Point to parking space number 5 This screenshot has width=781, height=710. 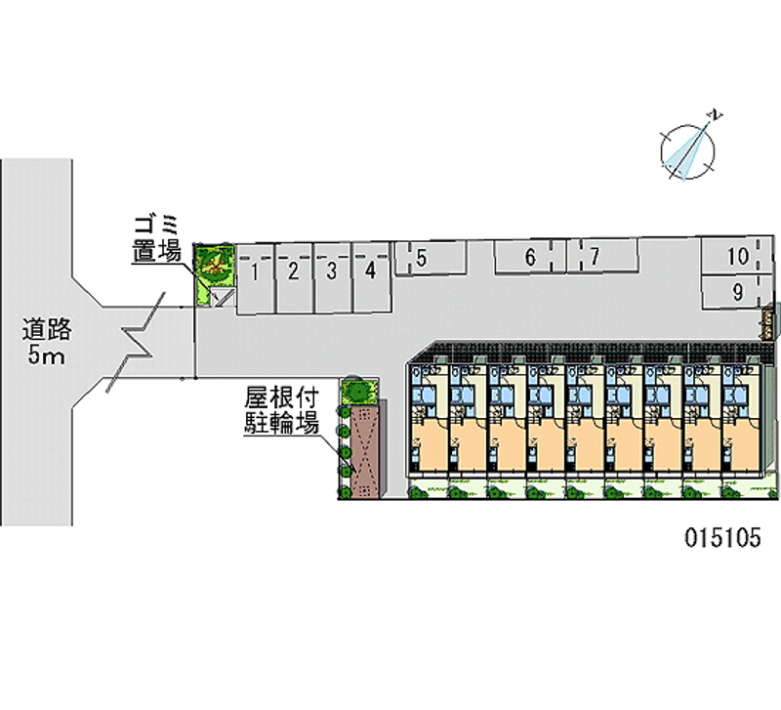(x=430, y=259)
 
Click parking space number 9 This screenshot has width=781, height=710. (x=734, y=290)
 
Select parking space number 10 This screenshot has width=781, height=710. (x=734, y=258)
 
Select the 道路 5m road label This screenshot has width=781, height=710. (x=45, y=343)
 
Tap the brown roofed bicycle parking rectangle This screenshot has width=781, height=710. (x=363, y=452)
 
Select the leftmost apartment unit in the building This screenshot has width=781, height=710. (x=429, y=426)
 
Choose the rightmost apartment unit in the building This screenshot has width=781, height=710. (x=741, y=426)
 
